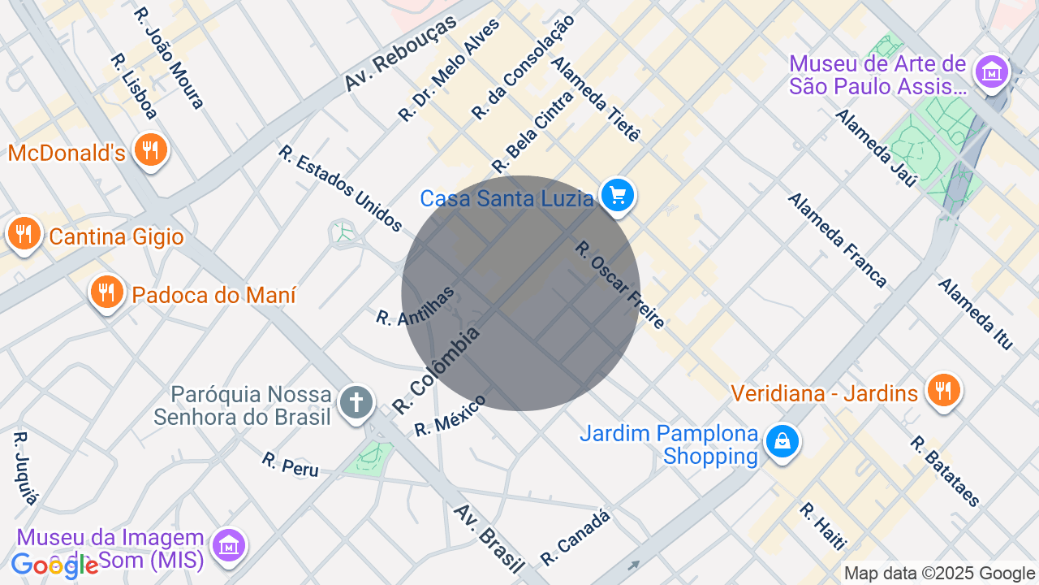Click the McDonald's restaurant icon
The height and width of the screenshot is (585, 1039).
tap(149, 150)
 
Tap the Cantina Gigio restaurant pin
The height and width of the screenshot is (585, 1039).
tap(24, 235)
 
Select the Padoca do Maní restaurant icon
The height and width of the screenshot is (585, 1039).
tap(106, 292)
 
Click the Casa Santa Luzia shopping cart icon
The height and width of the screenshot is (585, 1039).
tap(618, 196)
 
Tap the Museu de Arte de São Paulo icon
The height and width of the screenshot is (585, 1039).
tap(991, 73)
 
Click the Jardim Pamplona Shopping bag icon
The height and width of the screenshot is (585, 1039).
tap(782, 442)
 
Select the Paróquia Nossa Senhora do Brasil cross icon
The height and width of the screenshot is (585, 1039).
tap(356, 401)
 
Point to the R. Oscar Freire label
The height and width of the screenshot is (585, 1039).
tap(620, 285)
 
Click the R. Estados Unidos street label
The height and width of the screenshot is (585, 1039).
tap(340, 188)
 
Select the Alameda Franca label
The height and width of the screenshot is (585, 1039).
tap(837, 240)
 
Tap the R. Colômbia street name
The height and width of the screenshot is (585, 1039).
tap(436, 370)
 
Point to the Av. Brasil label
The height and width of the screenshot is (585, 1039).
tap(489, 537)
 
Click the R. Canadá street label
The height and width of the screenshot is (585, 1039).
tap(575, 537)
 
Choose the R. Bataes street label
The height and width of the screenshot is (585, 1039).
tap(945, 471)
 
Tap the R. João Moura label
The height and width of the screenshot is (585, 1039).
tap(170, 58)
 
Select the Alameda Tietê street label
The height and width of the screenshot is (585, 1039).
tap(596, 99)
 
